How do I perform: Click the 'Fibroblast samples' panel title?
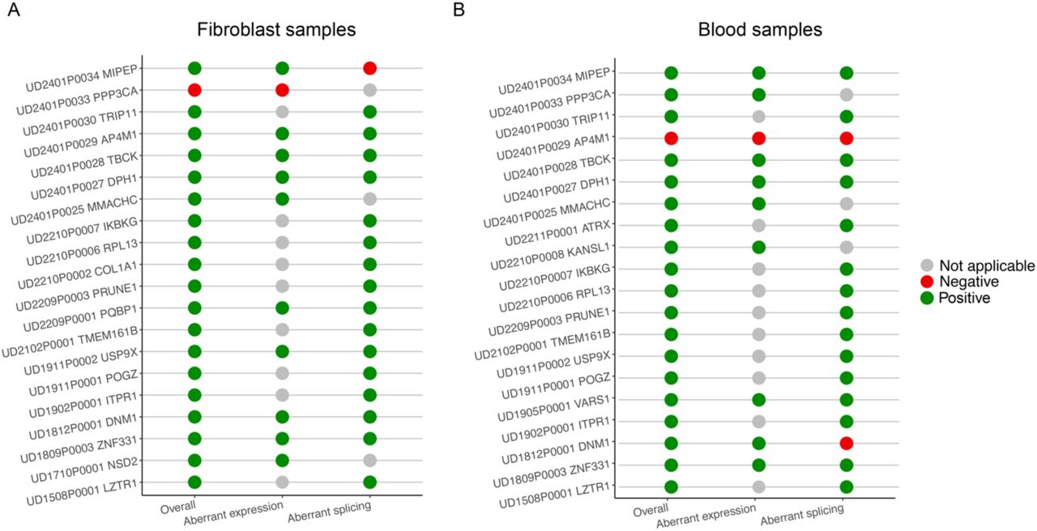coord(276,30)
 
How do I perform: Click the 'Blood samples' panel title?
coord(760,30)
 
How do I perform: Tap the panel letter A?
coord(14,10)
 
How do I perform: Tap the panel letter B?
coord(459,10)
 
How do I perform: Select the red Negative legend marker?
coord(926,282)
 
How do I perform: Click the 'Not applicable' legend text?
coord(987,266)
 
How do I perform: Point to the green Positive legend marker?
coord(926,298)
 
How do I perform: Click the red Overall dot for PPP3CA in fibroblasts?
coord(194,90)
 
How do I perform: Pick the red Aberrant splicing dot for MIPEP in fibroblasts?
coord(369,69)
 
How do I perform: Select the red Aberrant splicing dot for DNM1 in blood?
coord(847,443)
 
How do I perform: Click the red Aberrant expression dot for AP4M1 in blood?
coord(758,138)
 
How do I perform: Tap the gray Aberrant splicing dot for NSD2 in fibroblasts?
coord(369,461)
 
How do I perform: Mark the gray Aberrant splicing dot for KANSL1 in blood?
coord(847,247)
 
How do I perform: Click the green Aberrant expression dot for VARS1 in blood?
coord(758,400)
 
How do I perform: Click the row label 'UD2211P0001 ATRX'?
coord(558,234)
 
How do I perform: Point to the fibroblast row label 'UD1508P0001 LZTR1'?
coord(83,493)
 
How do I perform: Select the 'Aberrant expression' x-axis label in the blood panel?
coord(706,516)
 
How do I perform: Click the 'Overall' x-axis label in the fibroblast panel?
coord(178,507)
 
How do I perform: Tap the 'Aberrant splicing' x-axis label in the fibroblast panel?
coord(330,512)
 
